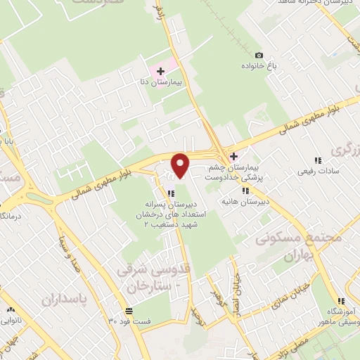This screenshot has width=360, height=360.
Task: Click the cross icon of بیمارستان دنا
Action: (x=161, y=71)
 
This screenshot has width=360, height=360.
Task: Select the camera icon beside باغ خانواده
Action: (x=259, y=56)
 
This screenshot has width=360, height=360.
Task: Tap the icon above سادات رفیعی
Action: (x=319, y=160)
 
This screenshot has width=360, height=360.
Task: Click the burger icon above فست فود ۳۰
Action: (x=128, y=310)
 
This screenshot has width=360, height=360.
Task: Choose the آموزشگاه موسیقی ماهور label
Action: (x=342, y=315)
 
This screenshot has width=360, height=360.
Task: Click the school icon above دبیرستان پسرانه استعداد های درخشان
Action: (x=169, y=193)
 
